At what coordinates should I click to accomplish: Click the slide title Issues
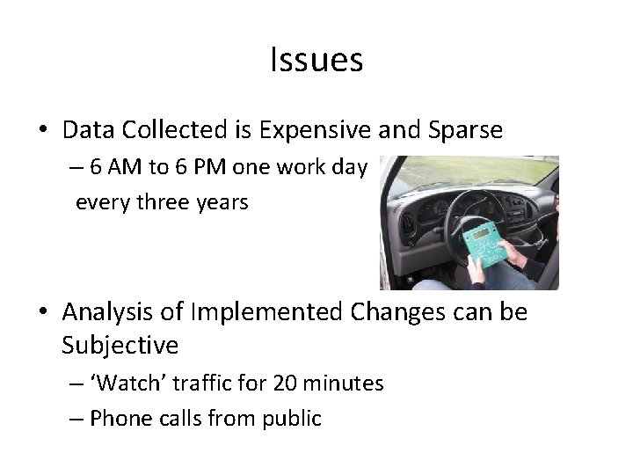click(x=316, y=61)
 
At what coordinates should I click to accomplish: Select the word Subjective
click(x=120, y=346)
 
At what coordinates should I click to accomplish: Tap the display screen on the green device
click(x=480, y=233)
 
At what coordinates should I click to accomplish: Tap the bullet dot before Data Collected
click(x=42, y=132)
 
